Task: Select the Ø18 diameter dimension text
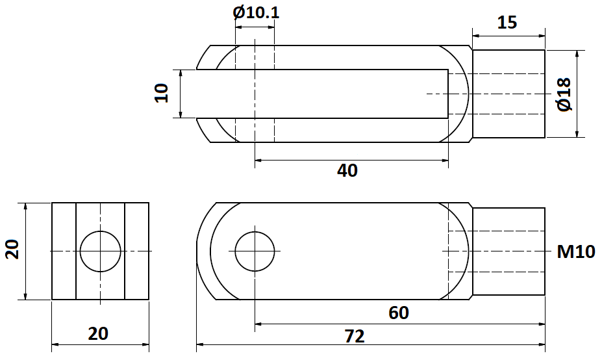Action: [563, 94]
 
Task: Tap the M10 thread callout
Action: [575, 251]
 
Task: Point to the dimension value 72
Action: [355, 336]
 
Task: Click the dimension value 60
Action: [399, 313]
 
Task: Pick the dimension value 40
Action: [347, 170]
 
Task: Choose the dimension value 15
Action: [507, 23]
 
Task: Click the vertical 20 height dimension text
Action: [14, 250]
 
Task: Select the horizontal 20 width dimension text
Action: [98, 334]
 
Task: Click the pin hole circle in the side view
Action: [256, 251]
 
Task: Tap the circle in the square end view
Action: [101, 251]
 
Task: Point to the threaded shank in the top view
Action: [508, 94]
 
